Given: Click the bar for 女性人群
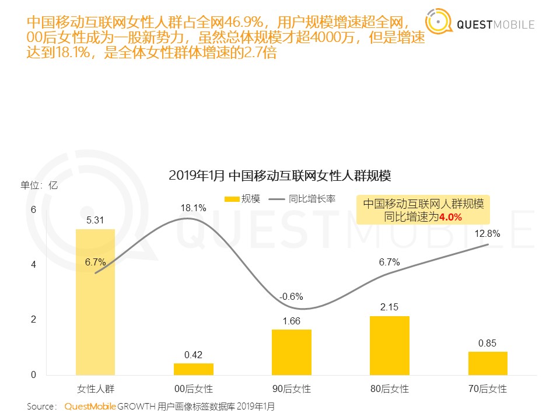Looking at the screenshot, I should [x=95, y=302].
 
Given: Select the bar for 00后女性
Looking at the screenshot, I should [x=193, y=369].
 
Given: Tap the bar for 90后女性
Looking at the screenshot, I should [x=291, y=352].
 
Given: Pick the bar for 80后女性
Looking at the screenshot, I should [x=389, y=345].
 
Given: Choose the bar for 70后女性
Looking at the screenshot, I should [x=487, y=363].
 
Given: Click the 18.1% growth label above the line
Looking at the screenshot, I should [x=193, y=208].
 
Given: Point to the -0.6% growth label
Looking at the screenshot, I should [x=291, y=297].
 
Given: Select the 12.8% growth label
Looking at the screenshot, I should [x=487, y=234].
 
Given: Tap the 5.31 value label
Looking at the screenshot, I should [x=95, y=220].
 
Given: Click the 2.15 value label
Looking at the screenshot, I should [x=389, y=306].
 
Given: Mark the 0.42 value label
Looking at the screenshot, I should [x=193, y=354].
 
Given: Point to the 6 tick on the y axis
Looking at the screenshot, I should [x=33, y=209].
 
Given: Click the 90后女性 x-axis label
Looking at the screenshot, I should [x=291, y=388].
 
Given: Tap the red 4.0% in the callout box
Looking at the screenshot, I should [x=450, y=217].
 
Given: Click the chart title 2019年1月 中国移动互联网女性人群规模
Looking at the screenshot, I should [x=279, y=175].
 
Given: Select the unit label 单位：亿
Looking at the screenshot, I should [x=39, y=185].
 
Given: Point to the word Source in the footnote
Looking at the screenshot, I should [x=41, y=406].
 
